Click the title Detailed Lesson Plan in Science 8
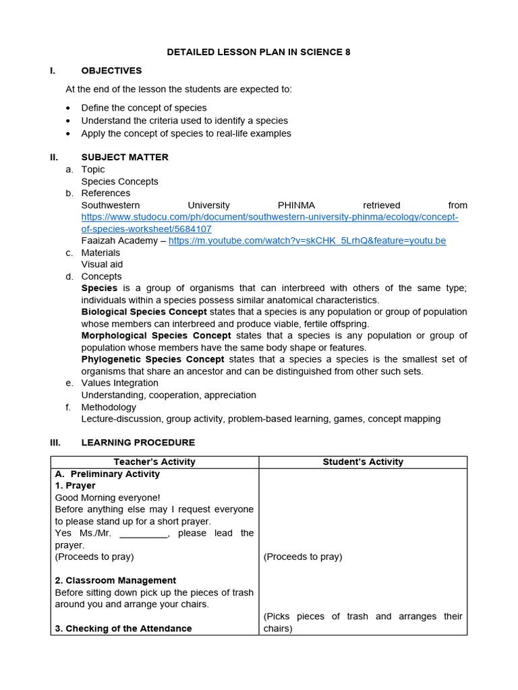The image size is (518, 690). [x=259, y=52]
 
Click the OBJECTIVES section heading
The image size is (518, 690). [x=111, y=71]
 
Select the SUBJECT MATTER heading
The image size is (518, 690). [x=125, y=157]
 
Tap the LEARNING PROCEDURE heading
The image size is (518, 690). [x=138, y=443]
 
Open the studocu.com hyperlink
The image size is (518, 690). [x=270, y=217]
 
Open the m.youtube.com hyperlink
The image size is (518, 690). [x=307, y=241]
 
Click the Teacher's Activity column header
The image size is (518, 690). [x=154, y=462]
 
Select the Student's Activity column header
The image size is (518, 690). [x=363, y=462]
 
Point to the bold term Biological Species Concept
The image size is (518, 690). [x=144, y=312]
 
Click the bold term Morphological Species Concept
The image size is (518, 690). [x=156, y=336]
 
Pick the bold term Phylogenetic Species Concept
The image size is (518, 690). [x=152, y=359]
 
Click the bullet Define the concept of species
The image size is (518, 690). [x=144, y=108]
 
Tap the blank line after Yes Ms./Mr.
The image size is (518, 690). [x=143, y=534]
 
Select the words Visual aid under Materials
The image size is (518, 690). [x=102, y=264]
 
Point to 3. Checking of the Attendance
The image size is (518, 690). [x=123, y=628]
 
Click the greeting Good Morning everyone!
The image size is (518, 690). [x=107, y=497]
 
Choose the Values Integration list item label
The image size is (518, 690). [x=119, y=383]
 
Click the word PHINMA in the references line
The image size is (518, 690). [x=296, y=205]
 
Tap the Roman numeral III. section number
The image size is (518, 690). [x=55, y=443]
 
